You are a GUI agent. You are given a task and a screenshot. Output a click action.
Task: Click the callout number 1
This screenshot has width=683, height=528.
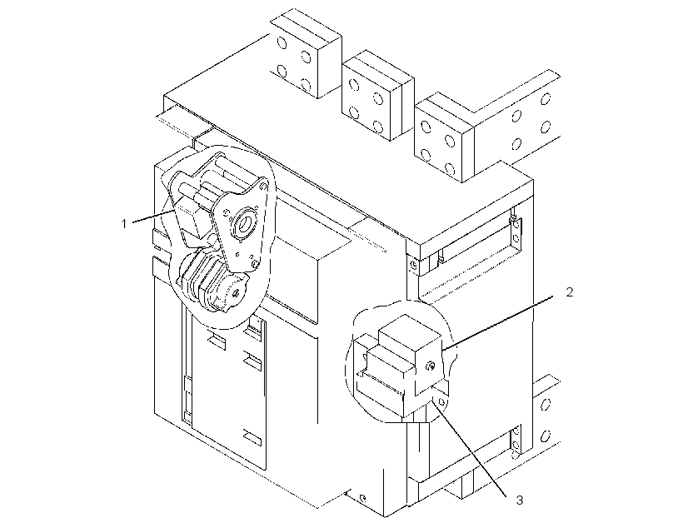[x=124, y=224]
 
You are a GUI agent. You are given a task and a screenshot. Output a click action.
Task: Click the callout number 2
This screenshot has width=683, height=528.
[x=570, y=292]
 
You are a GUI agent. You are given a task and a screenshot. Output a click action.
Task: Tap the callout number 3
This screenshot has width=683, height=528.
[x=519, y=501]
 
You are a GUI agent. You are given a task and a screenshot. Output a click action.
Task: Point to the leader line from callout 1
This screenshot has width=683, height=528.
[x=153, y=216]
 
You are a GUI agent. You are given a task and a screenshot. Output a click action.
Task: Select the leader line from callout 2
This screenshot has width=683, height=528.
[x=497, y=323]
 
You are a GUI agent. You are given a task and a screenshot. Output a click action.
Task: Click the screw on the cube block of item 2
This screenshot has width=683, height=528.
[x=431, y=366]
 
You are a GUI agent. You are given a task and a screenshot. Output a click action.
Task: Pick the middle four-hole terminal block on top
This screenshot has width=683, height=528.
[x=378, y=96]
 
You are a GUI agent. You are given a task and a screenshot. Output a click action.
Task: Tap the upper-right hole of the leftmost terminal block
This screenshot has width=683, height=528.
[x=307, y=57]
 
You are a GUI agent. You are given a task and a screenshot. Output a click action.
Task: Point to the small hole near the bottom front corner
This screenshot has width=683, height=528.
[x=363, y=498]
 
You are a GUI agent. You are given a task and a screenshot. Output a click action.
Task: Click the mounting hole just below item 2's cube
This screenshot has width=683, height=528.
[x=442, y=401]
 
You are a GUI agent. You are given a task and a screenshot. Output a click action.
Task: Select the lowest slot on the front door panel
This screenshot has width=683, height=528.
[x=252, y=436]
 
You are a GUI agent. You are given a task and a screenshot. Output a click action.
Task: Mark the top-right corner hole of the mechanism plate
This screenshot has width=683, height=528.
[x=262, y=186]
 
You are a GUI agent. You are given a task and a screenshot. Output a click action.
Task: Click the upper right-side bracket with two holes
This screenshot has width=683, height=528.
[x=516, y=232]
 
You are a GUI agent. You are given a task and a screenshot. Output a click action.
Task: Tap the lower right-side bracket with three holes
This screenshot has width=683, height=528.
[x=516, y=441]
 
